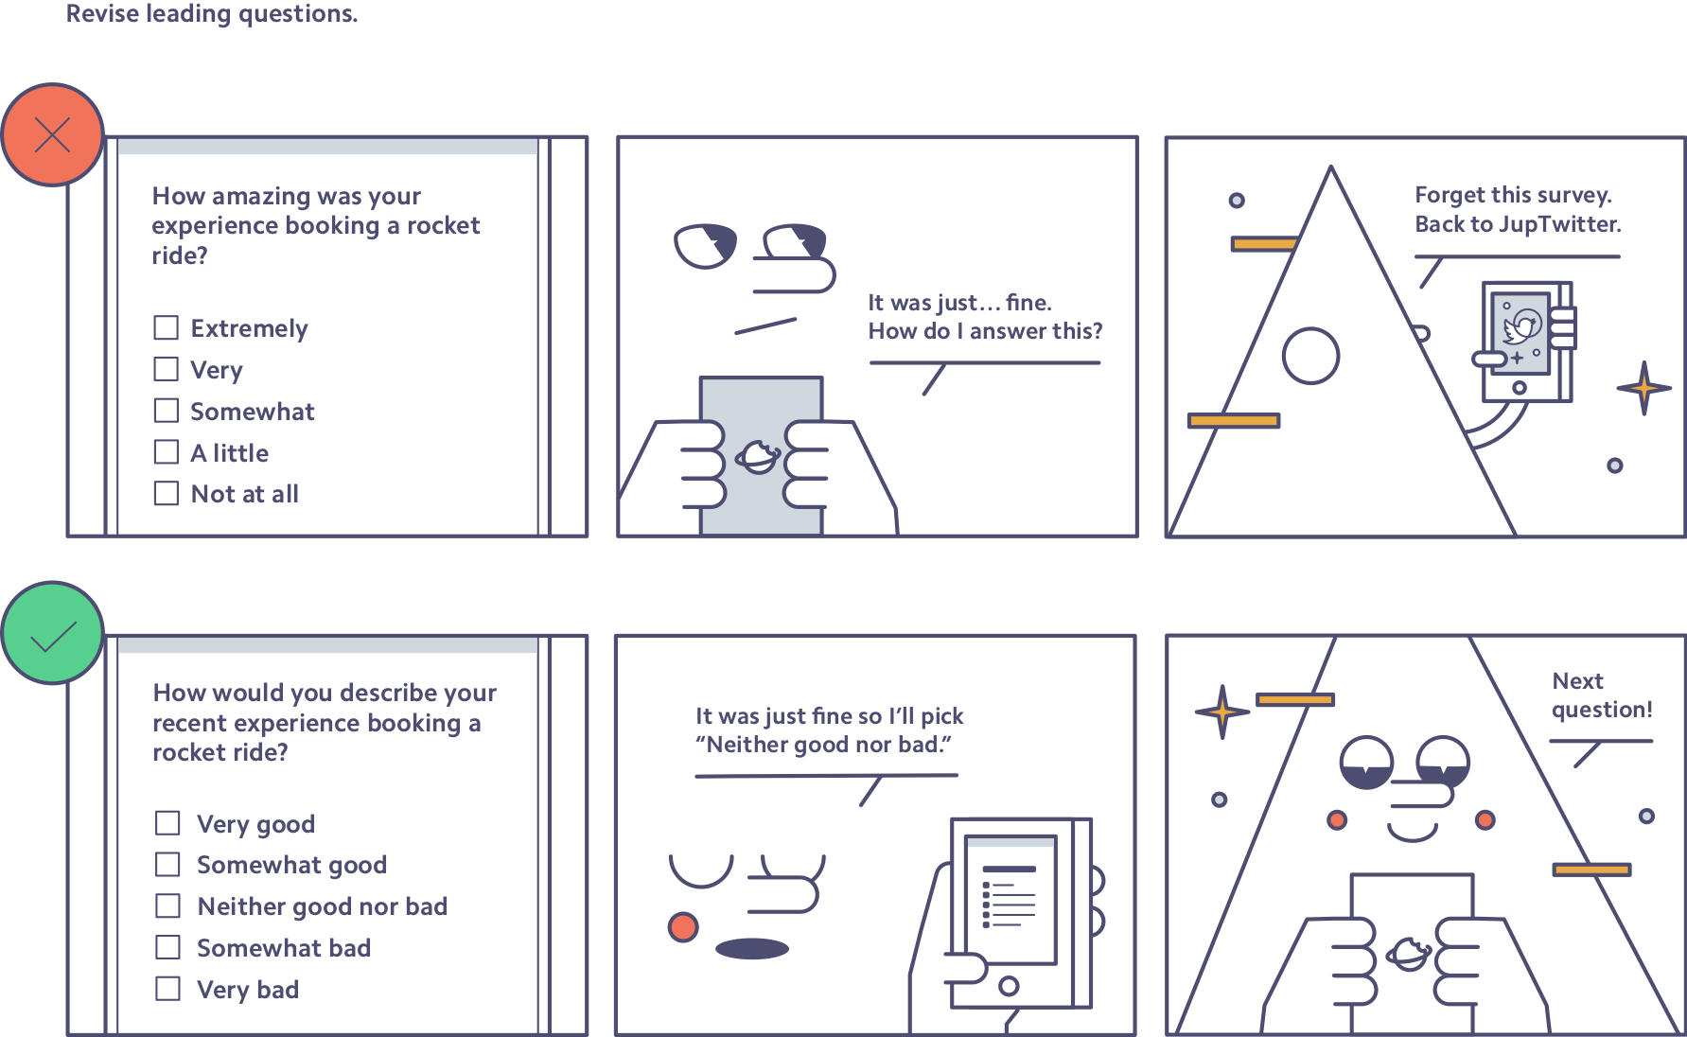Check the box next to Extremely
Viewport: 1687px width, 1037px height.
(167, 327)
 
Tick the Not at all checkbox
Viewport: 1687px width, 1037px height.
(167, 493)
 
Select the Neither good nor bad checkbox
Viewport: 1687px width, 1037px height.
(168, 905)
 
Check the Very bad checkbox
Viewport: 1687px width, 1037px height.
(168, 989)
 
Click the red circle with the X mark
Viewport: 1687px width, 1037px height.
(52, 134)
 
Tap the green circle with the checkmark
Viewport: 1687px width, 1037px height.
(52, 633)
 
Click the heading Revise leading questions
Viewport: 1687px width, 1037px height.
(212, 14)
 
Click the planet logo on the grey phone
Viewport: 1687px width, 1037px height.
(758, 457)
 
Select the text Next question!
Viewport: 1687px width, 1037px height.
(1602, 695)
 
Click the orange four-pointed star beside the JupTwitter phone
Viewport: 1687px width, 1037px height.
(1644, 388)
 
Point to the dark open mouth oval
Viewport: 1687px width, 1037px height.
(752, 948)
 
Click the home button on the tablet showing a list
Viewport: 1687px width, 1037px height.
(1009, 986)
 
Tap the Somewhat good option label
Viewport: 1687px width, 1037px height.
(291, 865)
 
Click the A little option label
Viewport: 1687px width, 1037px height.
(230, 453)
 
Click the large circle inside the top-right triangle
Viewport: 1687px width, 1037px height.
(1310, 356)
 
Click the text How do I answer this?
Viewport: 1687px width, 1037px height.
(985, 331)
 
